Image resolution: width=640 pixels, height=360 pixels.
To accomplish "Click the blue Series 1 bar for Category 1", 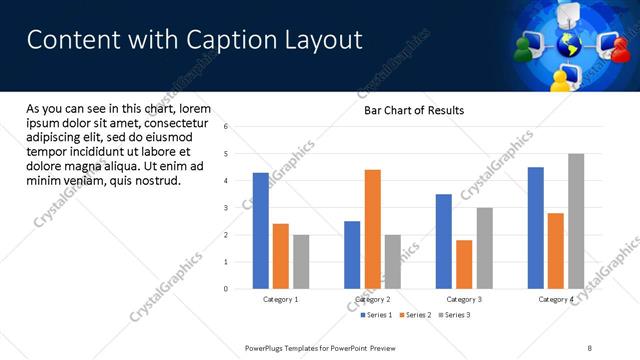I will [261, 231].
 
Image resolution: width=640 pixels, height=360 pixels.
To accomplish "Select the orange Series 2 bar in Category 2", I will [372, 229].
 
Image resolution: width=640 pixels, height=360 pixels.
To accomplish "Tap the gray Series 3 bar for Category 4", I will [576, 221].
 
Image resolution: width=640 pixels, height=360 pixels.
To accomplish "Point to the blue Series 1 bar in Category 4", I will [536, 228].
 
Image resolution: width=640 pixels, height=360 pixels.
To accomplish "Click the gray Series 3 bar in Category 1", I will [301, 262].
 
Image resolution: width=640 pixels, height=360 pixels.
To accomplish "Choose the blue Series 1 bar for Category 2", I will [352, 255].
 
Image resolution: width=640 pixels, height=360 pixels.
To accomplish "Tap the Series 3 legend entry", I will [454, 315].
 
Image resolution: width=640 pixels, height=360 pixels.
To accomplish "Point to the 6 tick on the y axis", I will [227, 127].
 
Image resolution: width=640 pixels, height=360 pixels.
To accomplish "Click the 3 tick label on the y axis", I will [227, 208].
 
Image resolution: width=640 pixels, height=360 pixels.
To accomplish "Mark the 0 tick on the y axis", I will [227, 289].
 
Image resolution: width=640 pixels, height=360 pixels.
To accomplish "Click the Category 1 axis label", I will [281, 299].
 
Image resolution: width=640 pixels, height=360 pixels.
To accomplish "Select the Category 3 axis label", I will [464, 299].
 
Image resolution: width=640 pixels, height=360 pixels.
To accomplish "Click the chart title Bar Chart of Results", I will [414, 110].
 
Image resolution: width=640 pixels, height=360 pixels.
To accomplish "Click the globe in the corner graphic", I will [570, 45].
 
